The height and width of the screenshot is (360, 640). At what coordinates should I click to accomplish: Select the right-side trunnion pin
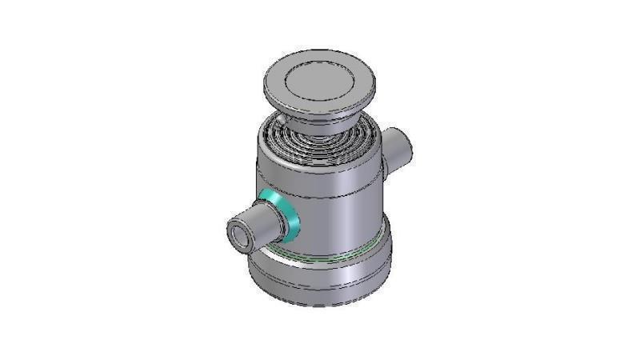point(396,147)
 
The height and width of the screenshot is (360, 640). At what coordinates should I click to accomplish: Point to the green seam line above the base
point(336,256)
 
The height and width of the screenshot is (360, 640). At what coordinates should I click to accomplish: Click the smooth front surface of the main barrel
point(336,200)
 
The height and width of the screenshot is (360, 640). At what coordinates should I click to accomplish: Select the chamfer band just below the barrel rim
point(320,164)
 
